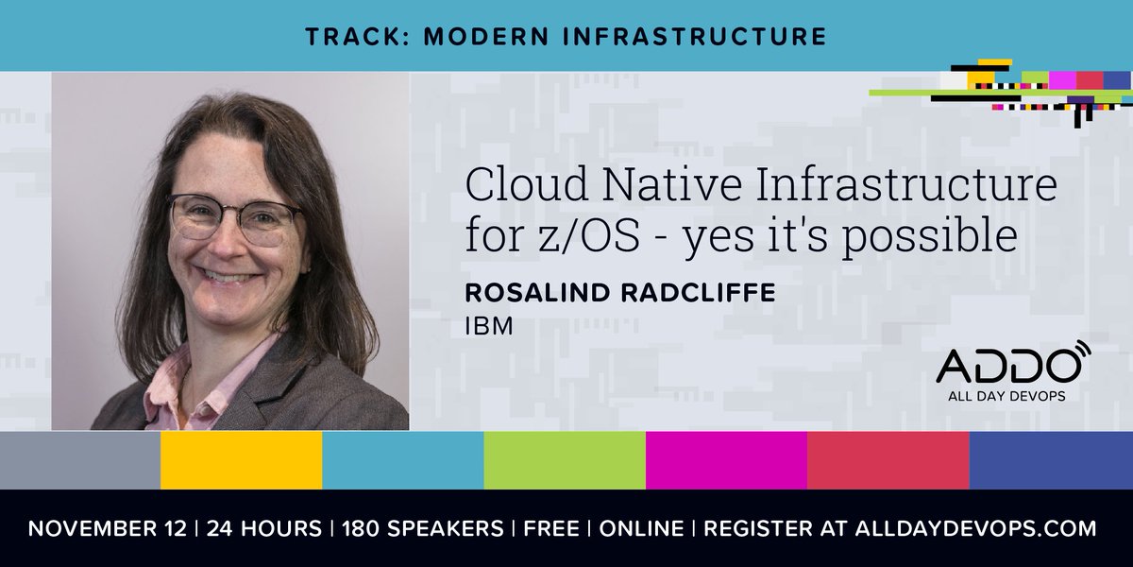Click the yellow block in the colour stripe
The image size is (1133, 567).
coord(241,460)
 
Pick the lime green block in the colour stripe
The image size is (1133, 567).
coord(565,460)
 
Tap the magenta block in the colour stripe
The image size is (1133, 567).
coord(726,460)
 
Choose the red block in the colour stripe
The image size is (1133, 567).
coord(888,460)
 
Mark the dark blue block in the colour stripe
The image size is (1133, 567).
coord(1051,460)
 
